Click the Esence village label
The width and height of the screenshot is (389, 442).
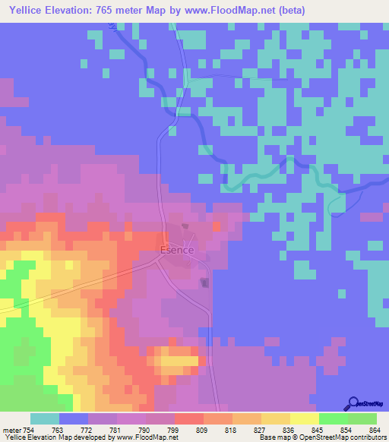coord(178,250)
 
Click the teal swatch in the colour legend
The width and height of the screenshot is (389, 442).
coord(45,419)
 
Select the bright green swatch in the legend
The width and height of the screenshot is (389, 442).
coord(333,419)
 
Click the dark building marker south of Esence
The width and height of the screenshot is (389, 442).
coord(204,283)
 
